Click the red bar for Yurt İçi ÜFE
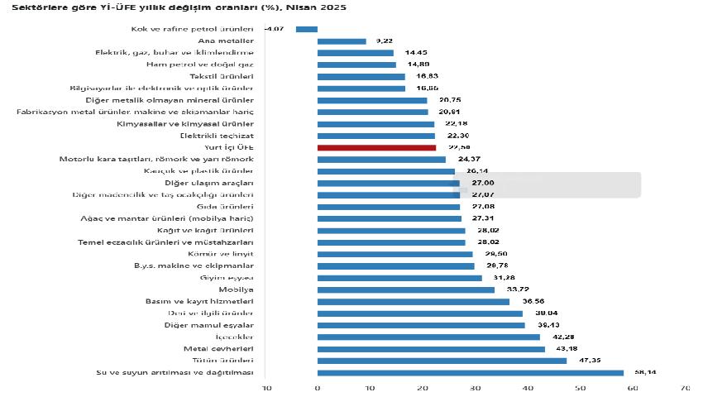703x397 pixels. click(x=376, y=147)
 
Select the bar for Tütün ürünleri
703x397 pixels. click(x=442, y=361)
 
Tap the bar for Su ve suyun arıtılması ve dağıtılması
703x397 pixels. click(x=471, y=373)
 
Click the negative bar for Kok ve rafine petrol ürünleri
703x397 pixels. click(x=307, y=29)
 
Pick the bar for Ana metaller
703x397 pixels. click(x=342, y=41)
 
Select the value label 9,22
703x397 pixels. click(x=384, y=41)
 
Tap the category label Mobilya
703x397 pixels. click(x=236, y=289)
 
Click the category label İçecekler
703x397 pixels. click(x=236, y=337)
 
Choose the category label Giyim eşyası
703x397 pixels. click(x=231, y=278)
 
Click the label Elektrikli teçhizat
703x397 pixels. click(x=217, y=136)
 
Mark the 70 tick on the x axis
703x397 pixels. click(x=685, y=387)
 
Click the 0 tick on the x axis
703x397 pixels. click(x=318, y=387)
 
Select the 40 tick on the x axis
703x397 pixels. click(x=528, y=387)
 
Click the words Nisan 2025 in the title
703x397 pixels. click(x=318, y=7)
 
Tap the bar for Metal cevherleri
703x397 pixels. click(x=431, y=349)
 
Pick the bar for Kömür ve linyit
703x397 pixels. click(x=395, y=254)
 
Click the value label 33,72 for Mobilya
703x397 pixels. click(x=518, y=289)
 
